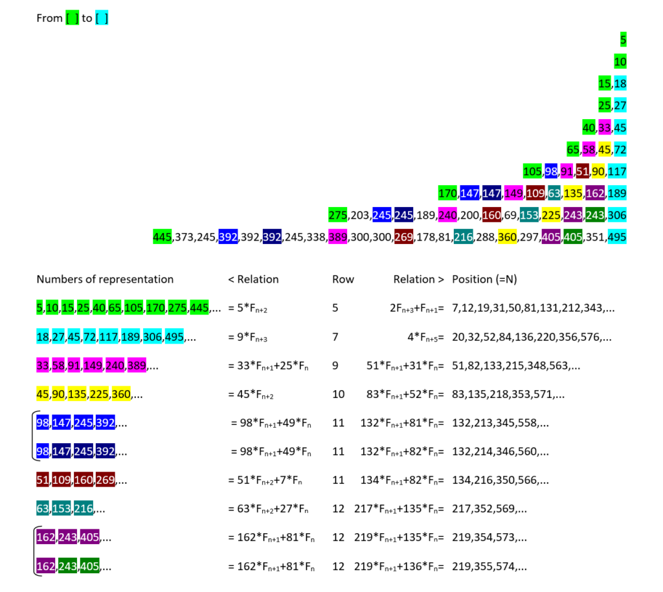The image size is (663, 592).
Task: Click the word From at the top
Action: coord(49,19)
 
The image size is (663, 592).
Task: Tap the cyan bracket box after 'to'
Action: coord(102,19)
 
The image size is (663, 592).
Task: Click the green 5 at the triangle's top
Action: coord(623,40)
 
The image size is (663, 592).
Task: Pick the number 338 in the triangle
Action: coord(317,237)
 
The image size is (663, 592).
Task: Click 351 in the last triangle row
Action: coord(594,237)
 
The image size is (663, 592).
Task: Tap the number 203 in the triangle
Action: coord(360,215)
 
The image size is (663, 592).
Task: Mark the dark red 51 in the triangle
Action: coord(582,171)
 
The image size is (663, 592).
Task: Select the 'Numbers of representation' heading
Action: coord(105,280)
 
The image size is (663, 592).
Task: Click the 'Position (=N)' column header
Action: coord(484,280)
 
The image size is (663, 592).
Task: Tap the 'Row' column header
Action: coord(343,280)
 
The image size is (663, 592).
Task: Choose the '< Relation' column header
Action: coord(253,280)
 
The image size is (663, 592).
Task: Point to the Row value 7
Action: coord(335,336)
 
